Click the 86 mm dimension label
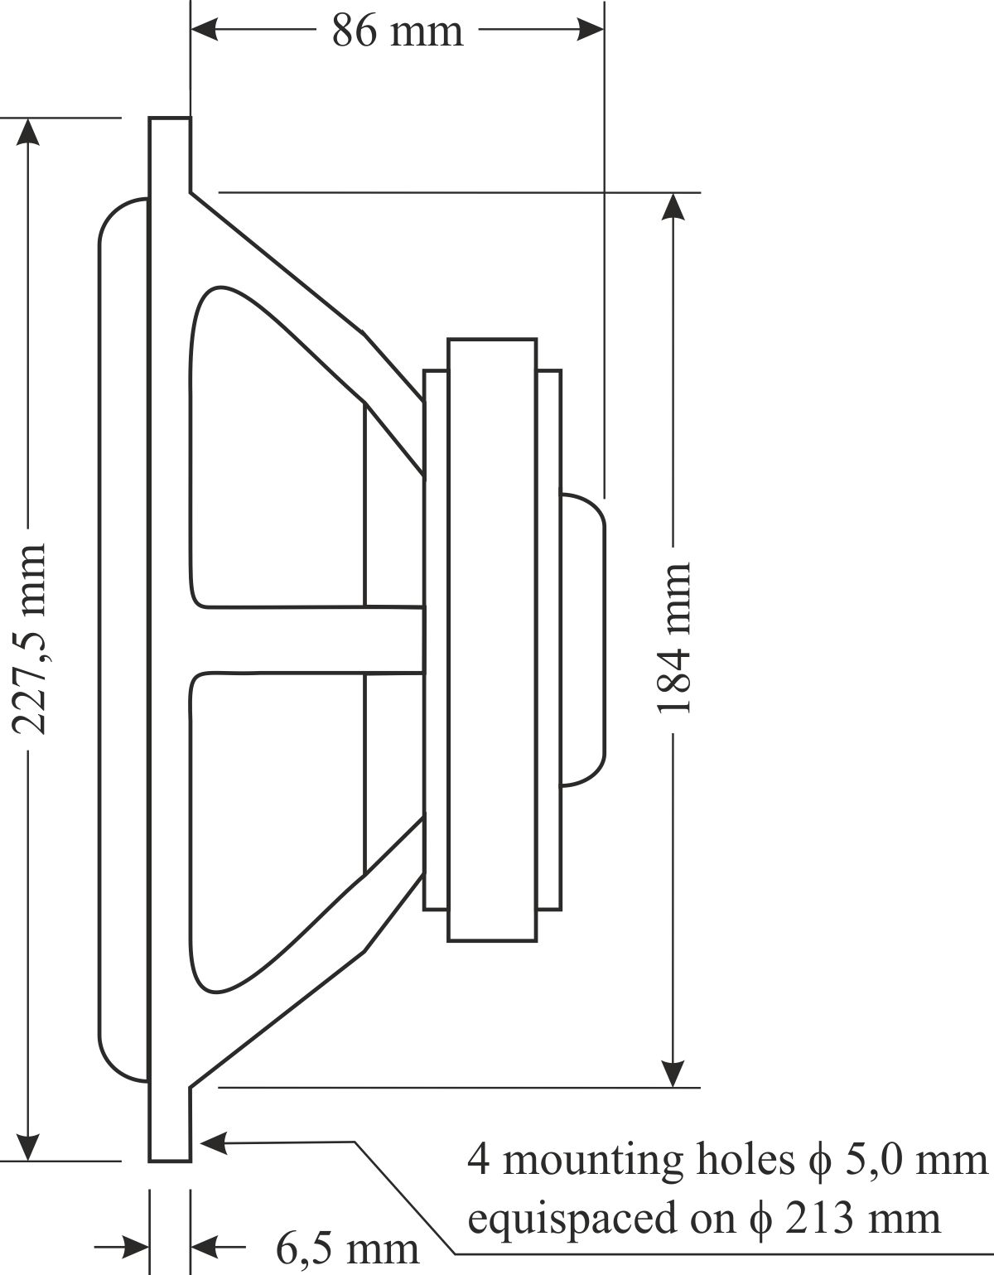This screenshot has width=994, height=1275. [x=398, y=31]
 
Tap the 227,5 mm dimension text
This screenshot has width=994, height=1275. [x=31, y=640]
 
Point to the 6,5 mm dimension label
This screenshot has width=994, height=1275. [x=347, y=1248]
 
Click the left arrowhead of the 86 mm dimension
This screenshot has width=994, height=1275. [x=207, y=31]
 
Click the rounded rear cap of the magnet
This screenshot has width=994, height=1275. [x=583, y=639]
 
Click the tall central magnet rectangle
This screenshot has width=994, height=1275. [x=491, y=639]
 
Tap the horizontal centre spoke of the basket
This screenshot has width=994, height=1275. [x=306, y=639]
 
